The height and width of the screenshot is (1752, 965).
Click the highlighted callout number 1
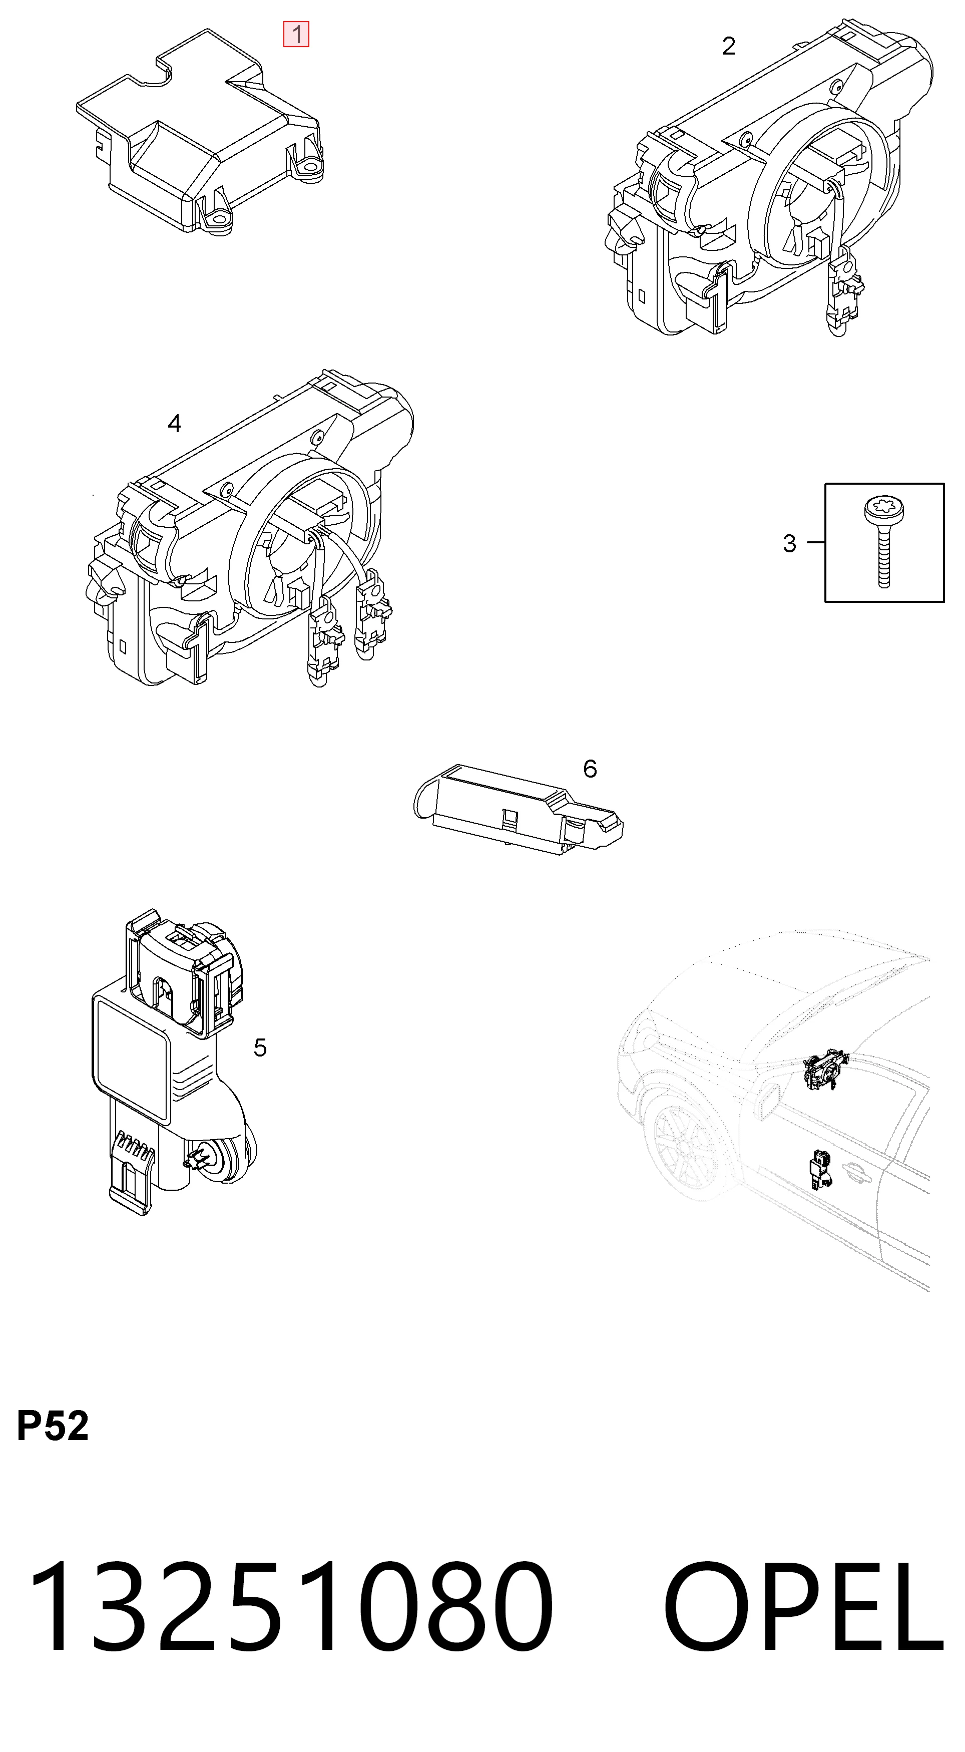pyautogui.click(x=296, y=34)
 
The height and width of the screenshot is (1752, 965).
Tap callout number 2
pyautogui.click(x=728, y=46)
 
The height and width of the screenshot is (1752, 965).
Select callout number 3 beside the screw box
pyautogui.click(x=789, y=543)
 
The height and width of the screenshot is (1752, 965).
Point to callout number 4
pyautogui.click(x=174, y=424)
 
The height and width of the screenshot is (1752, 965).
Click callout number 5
pyautogui.click(x=260, y=1047)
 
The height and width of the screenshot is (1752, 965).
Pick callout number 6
pyautogui.click(x=590, y=769)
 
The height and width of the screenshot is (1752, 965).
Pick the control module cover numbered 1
pyautogui.click(x=199, y=131)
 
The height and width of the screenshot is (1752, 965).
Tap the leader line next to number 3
pyautogui.click(x=815, y=543)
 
